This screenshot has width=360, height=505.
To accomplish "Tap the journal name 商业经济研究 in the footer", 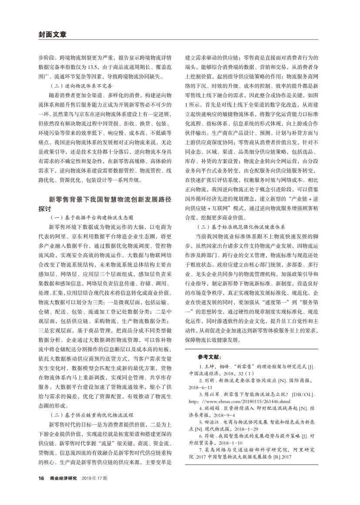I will pyautogui.click(x=64, y=478).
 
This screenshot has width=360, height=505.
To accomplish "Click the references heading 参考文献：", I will pyautogui.click(x=209, y=357).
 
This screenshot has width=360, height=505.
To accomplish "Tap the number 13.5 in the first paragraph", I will pyautogui.click(x=95, y=67).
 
